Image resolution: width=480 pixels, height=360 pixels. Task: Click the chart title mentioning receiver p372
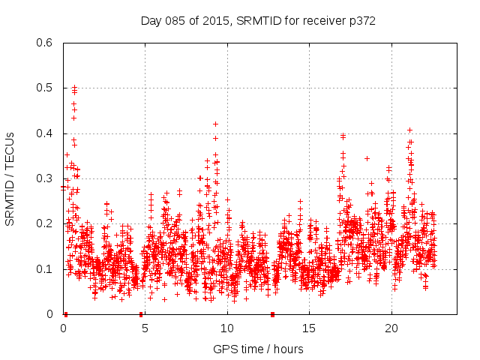[x=258, y=20]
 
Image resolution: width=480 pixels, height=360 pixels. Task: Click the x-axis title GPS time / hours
[x=258, y=349]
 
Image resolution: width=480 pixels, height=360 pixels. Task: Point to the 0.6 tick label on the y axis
[x=46, y=43]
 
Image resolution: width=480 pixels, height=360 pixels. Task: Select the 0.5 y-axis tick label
[x=46, y=88]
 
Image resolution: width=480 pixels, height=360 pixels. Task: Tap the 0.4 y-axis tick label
[x=46, y=133]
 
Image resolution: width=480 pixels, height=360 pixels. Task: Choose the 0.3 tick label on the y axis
[x=46, y=178]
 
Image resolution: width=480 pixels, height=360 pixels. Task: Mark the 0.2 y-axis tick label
[x=46, y=224]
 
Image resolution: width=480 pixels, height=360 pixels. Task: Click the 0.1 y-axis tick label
[x=46, y=269]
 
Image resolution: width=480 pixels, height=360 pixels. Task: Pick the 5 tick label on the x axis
[x=145, y=328]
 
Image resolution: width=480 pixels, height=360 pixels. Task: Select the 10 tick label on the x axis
[x=226, y=328]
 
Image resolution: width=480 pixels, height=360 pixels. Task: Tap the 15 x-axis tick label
[x=309, y=328]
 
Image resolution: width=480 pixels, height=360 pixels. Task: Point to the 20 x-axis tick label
[x=391, y=328]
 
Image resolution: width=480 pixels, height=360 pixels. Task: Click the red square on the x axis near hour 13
[x=272, y=314]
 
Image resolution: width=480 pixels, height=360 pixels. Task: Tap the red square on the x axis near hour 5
[x=141, y=314]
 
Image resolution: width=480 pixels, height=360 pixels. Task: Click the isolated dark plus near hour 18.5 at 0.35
[x=367, y=158]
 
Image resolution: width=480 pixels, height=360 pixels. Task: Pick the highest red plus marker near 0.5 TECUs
[x=74, y=87]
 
